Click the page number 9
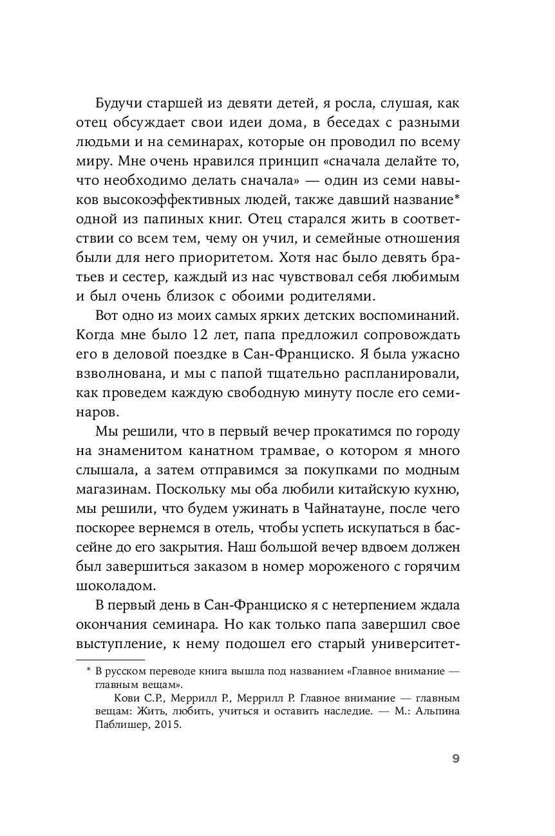pos(455,758)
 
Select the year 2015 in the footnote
pos(169,724)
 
